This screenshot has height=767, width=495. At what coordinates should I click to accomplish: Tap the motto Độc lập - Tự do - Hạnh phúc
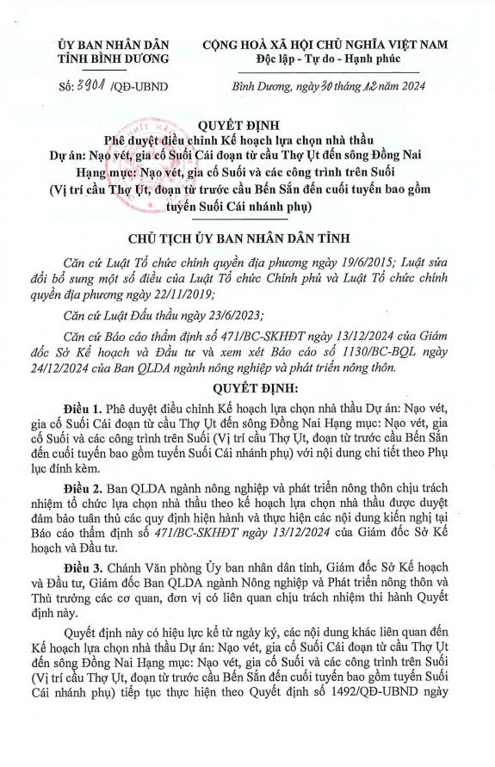click(331, 59)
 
